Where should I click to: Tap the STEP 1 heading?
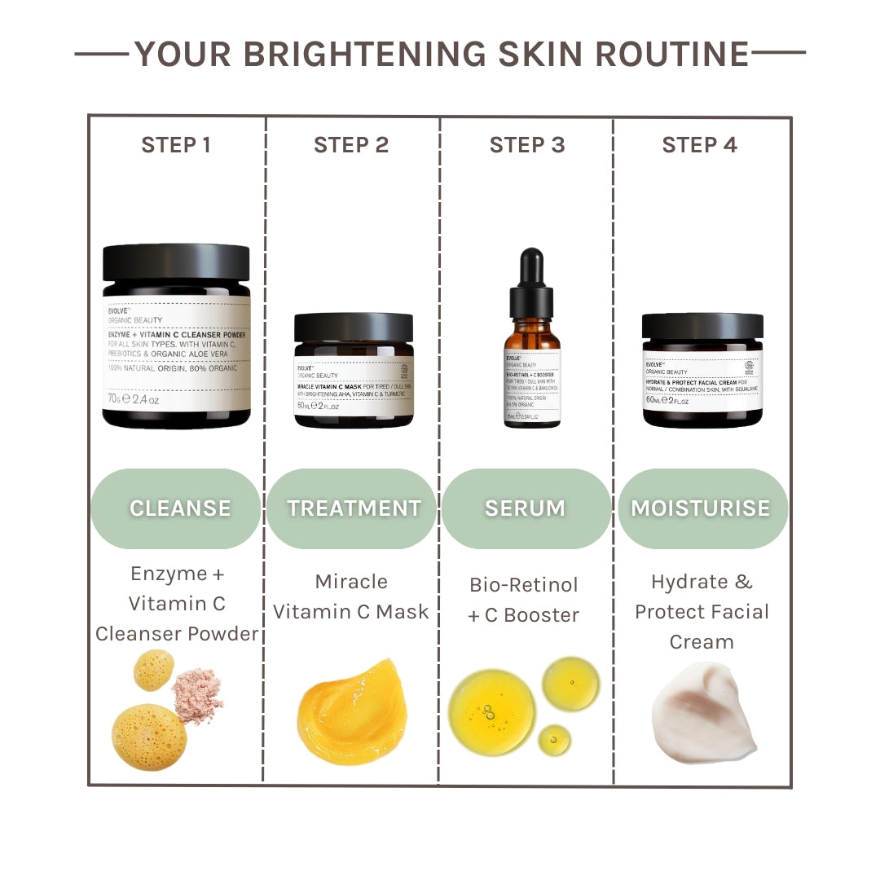pyautogui.click(x=176, y=145)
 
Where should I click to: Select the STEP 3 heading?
pyautogui.click(x=526, y=145)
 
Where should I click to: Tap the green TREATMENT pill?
pyautogui.click(x=352, y=508)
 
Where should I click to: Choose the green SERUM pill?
pyautogui.click(x=526, y=508)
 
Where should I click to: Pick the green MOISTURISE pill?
pyautogui.click(x=702, y=508)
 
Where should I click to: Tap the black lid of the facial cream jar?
pyautogui.click(x=702, y=326)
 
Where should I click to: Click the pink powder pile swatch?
pyautogui.click(x=197, y=695)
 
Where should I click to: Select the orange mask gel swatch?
pyautogui.click(x=352, y=711)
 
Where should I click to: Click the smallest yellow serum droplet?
pyautogui.click(x=554, y=739)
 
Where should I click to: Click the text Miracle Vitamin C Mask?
pyautogui.click(x=351, y=596)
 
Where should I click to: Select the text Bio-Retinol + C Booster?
pyautogui.click(x=524, y=600)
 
